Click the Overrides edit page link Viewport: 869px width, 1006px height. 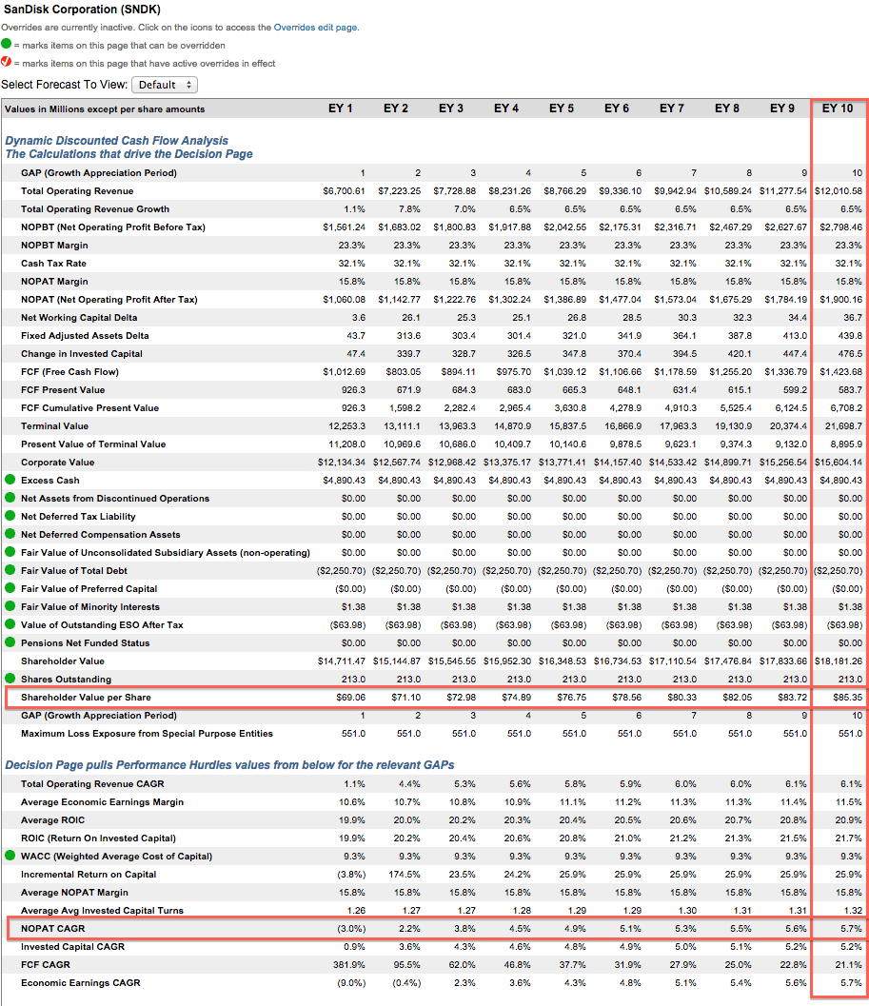315,28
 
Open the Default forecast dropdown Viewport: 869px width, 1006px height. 165,85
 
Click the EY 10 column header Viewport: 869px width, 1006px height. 838,108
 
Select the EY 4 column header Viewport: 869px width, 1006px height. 506,108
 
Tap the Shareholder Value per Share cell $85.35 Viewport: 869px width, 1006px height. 847,698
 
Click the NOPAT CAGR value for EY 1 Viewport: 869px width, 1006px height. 352,928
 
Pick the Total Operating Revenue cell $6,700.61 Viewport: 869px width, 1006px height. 344,191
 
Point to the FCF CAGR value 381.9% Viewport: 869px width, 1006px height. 349,965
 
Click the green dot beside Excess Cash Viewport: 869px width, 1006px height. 10,480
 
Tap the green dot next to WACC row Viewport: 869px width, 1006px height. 10,856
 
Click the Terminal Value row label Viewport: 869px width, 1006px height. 54,426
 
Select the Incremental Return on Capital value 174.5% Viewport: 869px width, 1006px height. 405,875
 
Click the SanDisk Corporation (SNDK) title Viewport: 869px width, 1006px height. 83,10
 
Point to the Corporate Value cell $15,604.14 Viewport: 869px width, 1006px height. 839,462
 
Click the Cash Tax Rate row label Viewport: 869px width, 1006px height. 53,264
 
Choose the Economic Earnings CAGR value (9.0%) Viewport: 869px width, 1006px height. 352,983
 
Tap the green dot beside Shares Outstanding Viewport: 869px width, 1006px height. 10,679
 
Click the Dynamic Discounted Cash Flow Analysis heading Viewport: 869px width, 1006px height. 117,141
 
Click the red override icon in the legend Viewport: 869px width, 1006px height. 7,62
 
